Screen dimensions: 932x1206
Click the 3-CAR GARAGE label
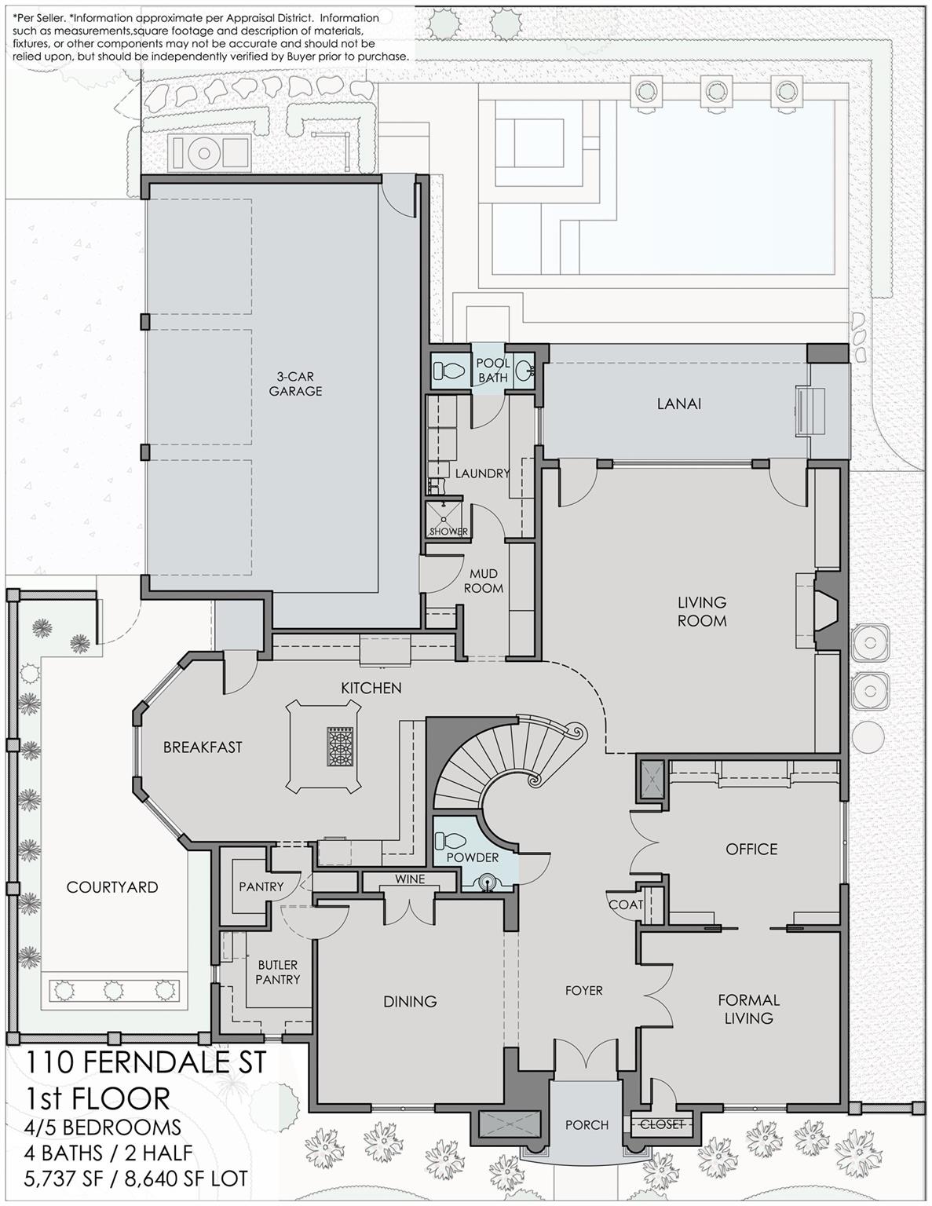tap(295, 383)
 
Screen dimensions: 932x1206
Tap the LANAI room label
tap(679, 404)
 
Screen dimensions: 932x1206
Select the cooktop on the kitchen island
tap(340, 747)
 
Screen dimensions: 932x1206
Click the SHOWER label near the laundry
tap(448, 531)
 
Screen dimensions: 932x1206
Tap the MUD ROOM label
tap(483, 580)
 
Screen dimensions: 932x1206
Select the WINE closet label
tap(410, 879)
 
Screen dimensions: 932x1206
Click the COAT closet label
tap(626, 904)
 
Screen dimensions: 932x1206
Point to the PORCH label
tap(587, 1125)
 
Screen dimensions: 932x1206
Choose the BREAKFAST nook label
tap(203, 747)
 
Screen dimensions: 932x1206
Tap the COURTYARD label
tap(112, 887)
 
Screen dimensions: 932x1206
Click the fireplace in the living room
tap(828, 611)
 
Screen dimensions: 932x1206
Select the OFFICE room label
tap(751, 849)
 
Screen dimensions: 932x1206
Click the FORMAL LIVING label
tap(749, 1009)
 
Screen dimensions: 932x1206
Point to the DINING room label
tap(410, 1001)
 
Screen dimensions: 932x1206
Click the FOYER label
tap(583, 990)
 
